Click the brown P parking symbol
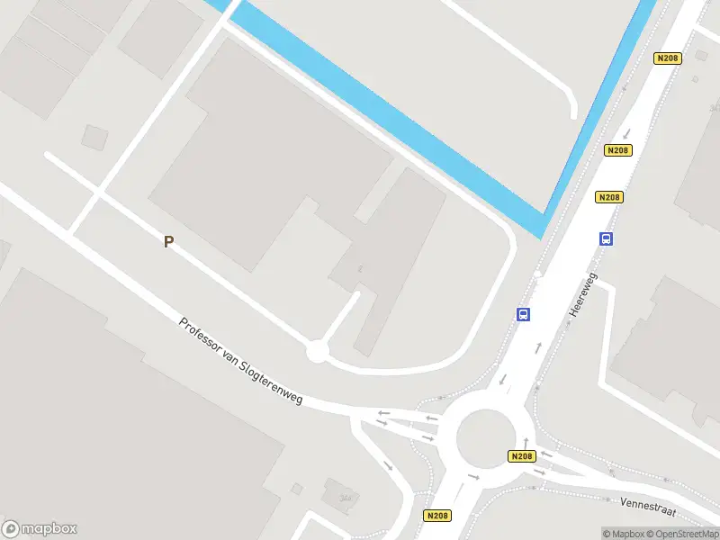click(168, 241)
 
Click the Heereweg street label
click(583, 295)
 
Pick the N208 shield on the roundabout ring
click(521, 456)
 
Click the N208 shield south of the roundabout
click(437, 516)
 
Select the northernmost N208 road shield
click(667, 58)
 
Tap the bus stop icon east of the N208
click(607, 238)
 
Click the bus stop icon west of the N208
click(523, 314)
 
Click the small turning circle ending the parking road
click(316, 351)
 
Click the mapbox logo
click(40, 529)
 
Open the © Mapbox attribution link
click(622, 534)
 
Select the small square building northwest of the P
click(94, 137)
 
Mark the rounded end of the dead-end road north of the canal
click(571, 112)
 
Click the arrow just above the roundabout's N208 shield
click(526, 442)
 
